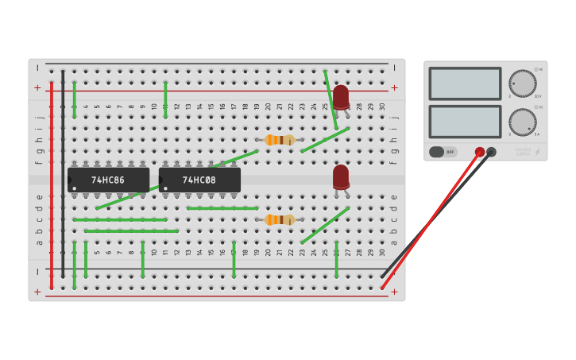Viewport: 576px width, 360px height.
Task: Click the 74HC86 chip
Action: click(108, 180)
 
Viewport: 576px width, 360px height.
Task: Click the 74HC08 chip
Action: click(199, 180)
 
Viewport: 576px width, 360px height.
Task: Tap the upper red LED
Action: click(341, 97)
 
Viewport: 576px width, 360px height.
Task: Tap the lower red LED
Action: click(341, 176)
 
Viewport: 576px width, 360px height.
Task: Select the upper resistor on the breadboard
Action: click(279, 140)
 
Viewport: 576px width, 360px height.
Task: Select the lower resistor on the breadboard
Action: click(279, 219)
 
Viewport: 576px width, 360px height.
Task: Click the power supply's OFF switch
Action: click(443, 152)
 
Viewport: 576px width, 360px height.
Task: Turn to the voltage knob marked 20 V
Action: click(522, 83)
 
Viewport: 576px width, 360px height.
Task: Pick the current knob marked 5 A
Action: click(522, 122)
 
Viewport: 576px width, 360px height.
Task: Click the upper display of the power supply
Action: click(465, 83)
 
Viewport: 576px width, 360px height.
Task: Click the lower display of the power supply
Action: click(465, 122)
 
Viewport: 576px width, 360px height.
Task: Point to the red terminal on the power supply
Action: click(480, 152)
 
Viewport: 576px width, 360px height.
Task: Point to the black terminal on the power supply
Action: click(491, 152)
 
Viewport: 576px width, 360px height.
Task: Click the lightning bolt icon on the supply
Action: click(538, 152)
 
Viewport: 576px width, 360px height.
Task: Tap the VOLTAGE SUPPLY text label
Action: click(522, 151)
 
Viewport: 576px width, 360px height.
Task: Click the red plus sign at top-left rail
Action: click(37, 87)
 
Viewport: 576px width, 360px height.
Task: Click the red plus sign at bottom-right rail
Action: click(394, 292)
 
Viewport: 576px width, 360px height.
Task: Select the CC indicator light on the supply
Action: click(536, 106)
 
